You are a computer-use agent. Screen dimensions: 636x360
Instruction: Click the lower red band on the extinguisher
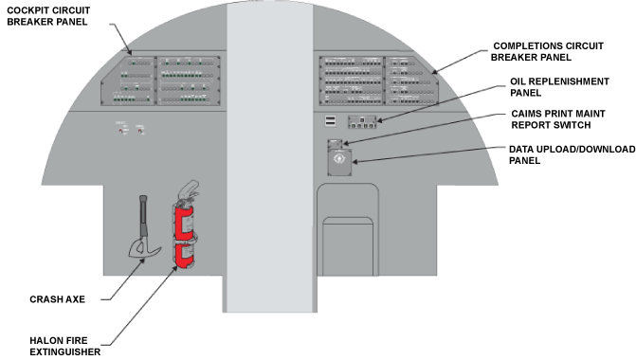coord(184,256)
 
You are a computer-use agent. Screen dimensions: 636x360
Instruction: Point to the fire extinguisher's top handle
coord(189,189)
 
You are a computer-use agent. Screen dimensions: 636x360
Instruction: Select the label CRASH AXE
coord(57,299)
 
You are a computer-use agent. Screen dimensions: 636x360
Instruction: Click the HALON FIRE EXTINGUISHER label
coord(64,346)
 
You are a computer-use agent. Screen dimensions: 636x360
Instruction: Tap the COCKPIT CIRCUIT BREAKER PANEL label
coord(48,16)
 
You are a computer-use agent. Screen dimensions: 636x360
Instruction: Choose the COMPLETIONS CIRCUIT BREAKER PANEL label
coord(547,51)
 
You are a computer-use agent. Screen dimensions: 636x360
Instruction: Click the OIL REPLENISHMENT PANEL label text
coord(559,87)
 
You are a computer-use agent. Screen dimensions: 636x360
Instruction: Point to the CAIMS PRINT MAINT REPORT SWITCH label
coord(558,119)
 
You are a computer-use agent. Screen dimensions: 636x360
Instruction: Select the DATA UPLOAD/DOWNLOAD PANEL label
coord(572,154)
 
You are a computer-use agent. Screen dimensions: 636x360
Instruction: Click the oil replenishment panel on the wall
coord(362,122)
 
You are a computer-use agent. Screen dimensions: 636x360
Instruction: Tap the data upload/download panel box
coord(339,162)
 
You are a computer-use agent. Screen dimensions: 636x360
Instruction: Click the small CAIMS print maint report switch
coord(335,144)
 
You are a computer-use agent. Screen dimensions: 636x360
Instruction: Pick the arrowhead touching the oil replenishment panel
coord(380,119)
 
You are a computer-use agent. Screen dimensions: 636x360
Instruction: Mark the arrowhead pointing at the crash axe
coord(142,261)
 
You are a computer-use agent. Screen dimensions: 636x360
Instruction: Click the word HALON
coord(44,340)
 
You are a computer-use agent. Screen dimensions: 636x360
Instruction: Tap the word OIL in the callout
coord(518,81)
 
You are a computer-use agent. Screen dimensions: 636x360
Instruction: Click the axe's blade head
coord(144,248)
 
